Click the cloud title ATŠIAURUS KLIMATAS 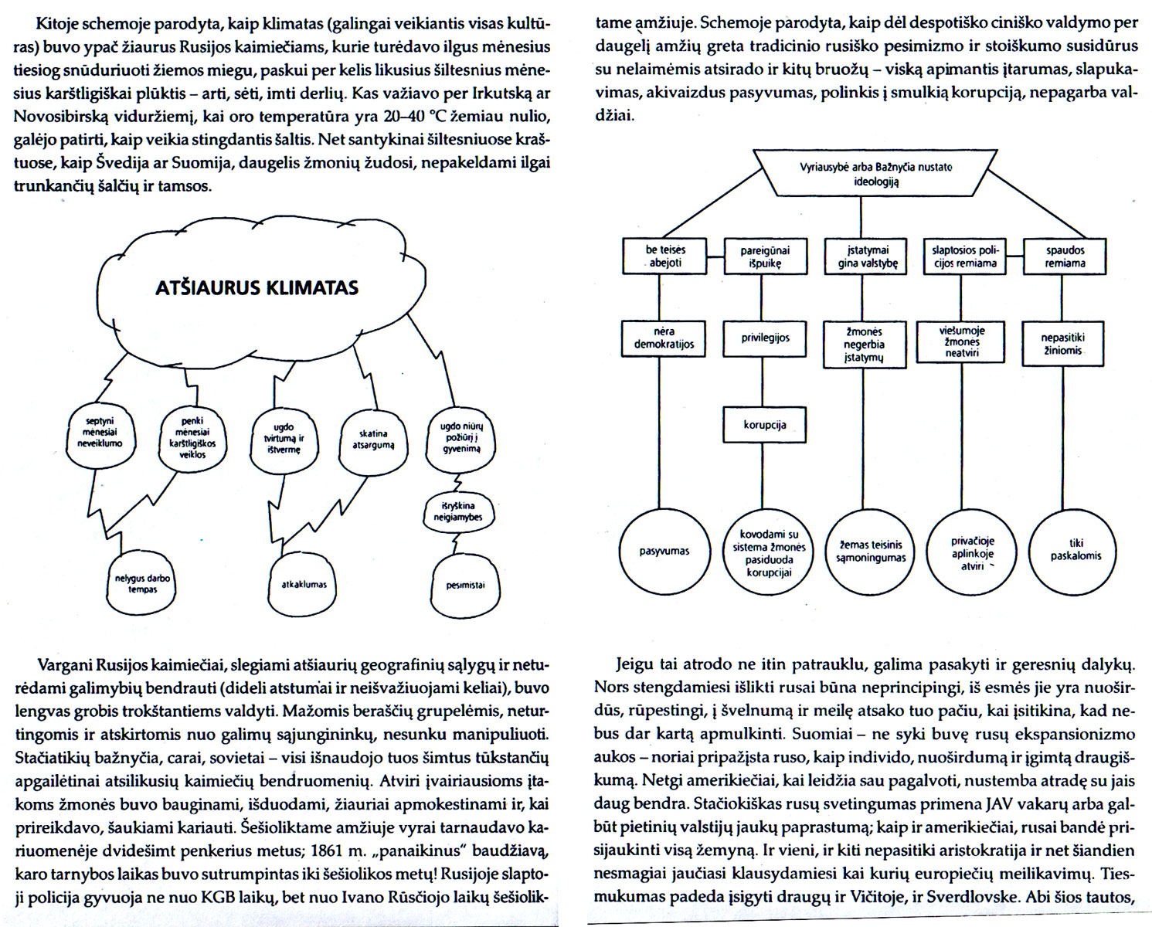click(257, 288)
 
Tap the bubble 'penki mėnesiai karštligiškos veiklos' click(193, 439)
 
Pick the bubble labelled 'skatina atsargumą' click(373, 443)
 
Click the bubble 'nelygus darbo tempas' click(142, 584)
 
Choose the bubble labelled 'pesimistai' click(465, 585)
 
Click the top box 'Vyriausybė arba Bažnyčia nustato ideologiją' click(875, 173)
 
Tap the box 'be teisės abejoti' click(664, 256)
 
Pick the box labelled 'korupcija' click(764, 426)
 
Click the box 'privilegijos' click(764, 338)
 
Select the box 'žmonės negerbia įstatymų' click(865, 345)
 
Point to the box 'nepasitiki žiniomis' click(1062, 344)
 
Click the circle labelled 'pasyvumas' click(664, 552)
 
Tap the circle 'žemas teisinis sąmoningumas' click(871, 552)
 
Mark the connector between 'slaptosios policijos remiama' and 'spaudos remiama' click(1014, 256)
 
